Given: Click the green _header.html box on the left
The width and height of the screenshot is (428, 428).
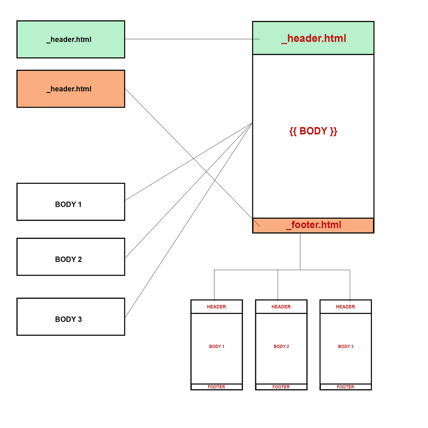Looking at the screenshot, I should click(71, 39).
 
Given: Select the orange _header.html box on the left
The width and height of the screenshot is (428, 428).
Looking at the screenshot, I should click(71, 89).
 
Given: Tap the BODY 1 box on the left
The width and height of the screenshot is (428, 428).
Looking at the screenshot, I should click(71, 202).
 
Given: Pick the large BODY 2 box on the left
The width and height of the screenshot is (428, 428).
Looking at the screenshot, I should click(71, 257).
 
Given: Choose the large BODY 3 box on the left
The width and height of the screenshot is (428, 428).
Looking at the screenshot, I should click(71, 317).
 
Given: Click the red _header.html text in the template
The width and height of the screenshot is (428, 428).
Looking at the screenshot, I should click(314, 38).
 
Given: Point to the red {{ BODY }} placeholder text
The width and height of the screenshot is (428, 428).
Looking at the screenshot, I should click(313, 131).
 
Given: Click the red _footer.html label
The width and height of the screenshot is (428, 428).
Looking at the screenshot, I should click(314, 225).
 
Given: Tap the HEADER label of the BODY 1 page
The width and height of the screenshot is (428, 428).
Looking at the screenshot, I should click(216, 307).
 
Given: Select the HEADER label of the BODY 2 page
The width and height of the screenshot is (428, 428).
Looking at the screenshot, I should click(281, 307).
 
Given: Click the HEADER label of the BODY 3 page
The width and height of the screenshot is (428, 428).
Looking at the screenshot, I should click(345, 307).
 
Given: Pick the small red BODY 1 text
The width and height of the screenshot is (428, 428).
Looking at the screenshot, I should click(217, 346).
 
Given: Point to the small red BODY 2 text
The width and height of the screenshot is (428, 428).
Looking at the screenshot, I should click(281, 346).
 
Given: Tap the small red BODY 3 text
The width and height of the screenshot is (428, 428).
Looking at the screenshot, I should click(346, 346).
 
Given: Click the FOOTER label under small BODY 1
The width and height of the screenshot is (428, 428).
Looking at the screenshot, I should click(216, 387).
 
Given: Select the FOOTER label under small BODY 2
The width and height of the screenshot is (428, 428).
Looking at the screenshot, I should click(281, 387).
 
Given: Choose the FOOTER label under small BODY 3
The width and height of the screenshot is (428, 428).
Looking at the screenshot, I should click(345, 387).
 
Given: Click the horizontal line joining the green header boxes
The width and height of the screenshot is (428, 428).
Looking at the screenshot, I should click(189, 39).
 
